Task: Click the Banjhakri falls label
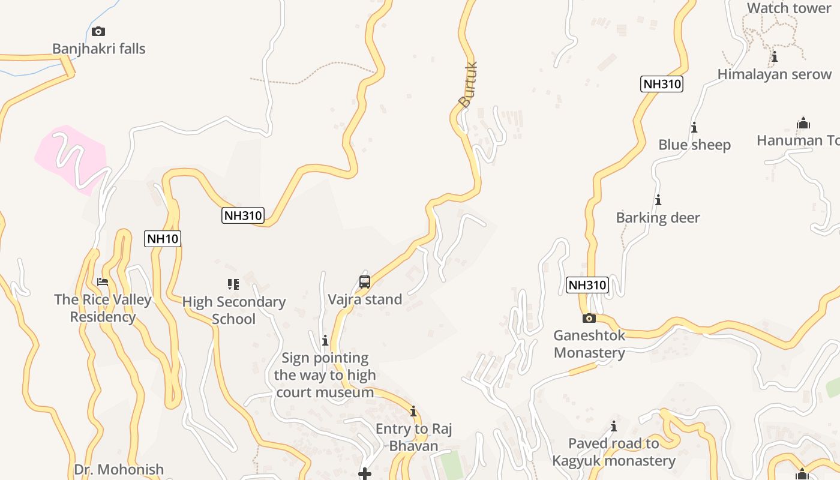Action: [x=99, y=49]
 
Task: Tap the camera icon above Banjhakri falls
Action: [x=98, y=31]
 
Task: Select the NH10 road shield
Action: [x=163, y=239]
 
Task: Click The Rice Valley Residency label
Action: [x=103, y=308]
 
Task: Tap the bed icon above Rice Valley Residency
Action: [x=103, y=282]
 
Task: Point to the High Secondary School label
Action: [x=233, y=310]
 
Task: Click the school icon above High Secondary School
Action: [x=233, y=284]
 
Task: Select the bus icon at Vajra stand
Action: [x=365, y=281]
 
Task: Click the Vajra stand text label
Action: [x=365, y=299]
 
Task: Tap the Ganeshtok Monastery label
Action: [x=589, y=344]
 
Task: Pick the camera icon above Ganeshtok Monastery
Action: [x=589, y=318]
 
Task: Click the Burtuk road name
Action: [x=468, y=85]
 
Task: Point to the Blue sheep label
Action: [x=694, y=145]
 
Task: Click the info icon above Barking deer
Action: [x=658, y=200]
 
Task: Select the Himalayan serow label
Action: [x=775, y=74]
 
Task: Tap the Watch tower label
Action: [x=788, y=8]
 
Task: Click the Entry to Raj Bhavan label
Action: [x=413, y=437]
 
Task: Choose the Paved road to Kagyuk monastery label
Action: [x=614, y=452]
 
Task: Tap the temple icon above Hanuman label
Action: [x=803, y=124]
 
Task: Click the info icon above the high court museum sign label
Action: [x=325, y=341]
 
